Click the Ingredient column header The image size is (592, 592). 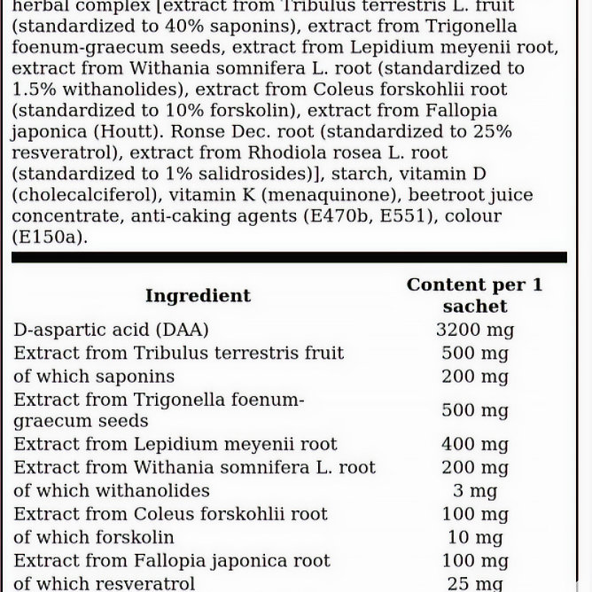[x=198, y=296]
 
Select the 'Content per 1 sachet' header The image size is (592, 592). [x=474, y=295]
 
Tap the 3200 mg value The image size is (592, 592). [x=474, y=330]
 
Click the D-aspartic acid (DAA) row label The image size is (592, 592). [x=111, y=330]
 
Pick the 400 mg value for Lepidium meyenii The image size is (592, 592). [x=474, y=444]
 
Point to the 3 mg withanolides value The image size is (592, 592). [x=474, y=491]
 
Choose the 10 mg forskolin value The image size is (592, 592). [x=474, y=537]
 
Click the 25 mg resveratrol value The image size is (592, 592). [x=474, y=583]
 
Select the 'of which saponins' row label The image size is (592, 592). [x=94, y=376]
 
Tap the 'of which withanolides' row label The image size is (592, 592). [x=112, y=491]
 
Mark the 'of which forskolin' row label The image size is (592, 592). [x=94, y=537]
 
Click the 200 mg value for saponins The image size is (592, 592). [x=474, y=376]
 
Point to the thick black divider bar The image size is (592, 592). [x=289, y=258]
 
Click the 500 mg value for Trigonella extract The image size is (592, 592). [x=474, y=410]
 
